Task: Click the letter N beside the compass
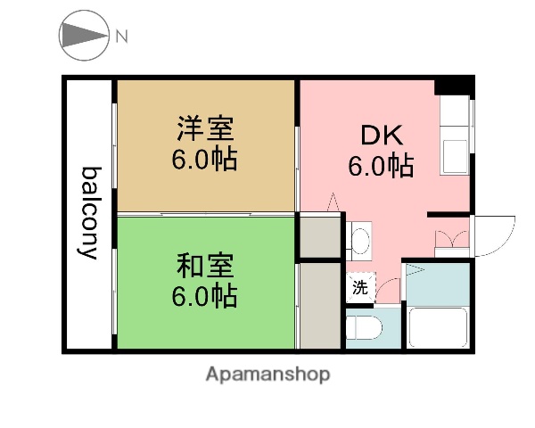click(121, 37)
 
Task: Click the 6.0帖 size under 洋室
click(205, 162)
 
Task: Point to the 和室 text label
click(205, 265)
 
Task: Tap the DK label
click(382, 135)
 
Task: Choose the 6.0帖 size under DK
click(382, 166)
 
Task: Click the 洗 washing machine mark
click(359, 288)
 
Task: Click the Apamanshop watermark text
click(267, 374)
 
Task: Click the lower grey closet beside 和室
click(320, 305)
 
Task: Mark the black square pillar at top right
click(457, 87)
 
